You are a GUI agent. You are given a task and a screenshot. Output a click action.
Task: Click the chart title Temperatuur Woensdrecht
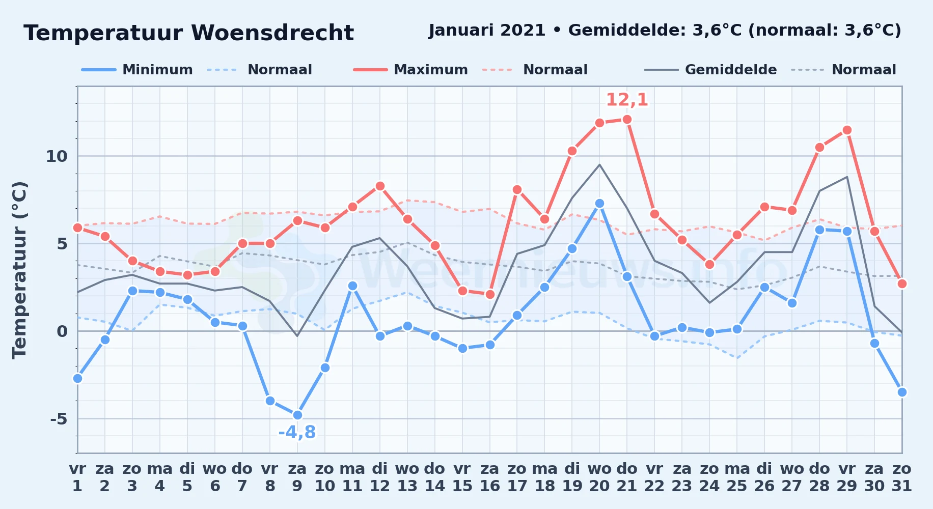tap(188, 33)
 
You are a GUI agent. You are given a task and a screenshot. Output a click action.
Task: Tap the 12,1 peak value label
tap(627, 100)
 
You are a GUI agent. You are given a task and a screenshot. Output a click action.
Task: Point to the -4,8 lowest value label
tap(297, 432)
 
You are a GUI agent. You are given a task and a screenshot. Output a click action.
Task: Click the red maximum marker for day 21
tap(627, 119)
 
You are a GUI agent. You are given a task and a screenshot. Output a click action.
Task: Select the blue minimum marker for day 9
tap(297, 415)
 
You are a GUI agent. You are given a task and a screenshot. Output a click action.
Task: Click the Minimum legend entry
tap(137, 70)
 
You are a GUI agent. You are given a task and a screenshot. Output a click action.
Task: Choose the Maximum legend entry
tap(410, 70)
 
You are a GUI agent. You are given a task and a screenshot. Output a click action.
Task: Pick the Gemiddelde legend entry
tap(710, 70)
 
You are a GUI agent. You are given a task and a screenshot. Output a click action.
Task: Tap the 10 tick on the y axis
tap(57, 156)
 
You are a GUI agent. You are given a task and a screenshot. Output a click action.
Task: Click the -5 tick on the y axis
tap(59, 419)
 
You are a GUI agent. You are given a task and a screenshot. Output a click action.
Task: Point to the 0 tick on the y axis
tap(62, 331)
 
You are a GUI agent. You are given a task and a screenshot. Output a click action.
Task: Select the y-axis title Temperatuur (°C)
tap(19, 270)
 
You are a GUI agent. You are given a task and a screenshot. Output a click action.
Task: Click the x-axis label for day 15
tap(462, 477)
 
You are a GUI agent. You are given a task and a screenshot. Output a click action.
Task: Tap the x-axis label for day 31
tap(901, 477)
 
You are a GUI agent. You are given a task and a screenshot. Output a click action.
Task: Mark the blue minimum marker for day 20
tap(599, 203)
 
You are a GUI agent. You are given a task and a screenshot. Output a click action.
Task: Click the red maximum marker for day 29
tap(847, 130)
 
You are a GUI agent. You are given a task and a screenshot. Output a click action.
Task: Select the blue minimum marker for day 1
tap(77, 378)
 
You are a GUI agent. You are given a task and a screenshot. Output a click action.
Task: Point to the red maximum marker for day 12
tap(379, 186)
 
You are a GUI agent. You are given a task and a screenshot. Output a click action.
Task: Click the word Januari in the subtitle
tap(461, 31)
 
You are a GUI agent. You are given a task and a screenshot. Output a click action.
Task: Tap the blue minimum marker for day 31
tap(902, 392)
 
